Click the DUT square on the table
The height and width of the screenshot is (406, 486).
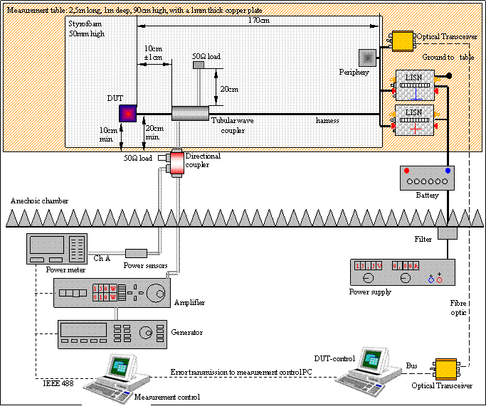(128, 113)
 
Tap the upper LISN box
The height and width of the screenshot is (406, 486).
(414, 83)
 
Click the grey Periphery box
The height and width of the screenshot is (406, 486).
(368, 56)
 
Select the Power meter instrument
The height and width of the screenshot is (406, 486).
(56, 249)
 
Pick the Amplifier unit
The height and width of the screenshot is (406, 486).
(112, 292)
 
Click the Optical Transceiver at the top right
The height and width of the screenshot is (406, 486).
(403, 41)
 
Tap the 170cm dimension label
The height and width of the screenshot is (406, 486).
(259, 21)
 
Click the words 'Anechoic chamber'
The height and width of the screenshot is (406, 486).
(39, 201)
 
